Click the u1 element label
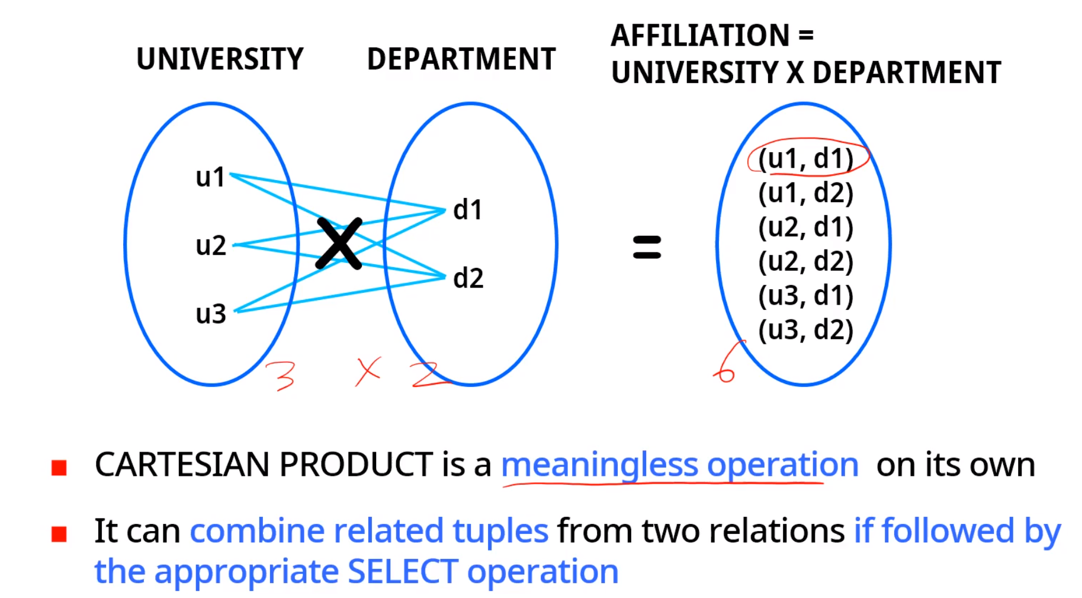(210, 177)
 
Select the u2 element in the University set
(211, 245)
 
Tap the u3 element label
(211, 314)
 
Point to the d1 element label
(467, 210)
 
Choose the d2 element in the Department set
(468, 278)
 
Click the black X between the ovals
(339, 243)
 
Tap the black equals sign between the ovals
(647, 247)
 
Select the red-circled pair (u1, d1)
(806, 159)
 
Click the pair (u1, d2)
(806, 193)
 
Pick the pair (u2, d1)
(806, 228)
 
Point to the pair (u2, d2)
(806, 261)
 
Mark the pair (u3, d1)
(806, 296)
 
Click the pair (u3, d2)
(806, 330)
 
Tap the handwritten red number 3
(281, 375)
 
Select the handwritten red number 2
(428, 375)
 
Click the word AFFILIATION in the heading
(700, 36)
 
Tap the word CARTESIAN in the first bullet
(182, 464)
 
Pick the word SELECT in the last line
(403, 572)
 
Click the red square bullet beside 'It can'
(59, 534)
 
